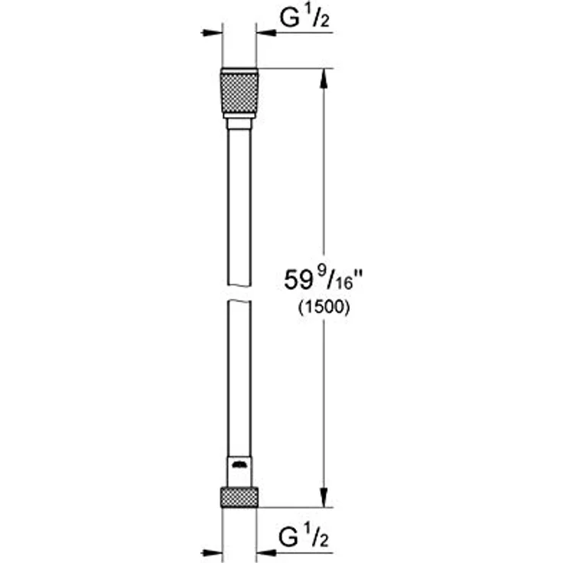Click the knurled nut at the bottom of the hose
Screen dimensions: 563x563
(x=239, y=496)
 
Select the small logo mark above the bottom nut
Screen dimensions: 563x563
(x=239, y=464)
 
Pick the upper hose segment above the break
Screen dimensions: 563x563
(x=239, y=207)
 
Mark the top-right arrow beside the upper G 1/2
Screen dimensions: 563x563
(x=267, y=33)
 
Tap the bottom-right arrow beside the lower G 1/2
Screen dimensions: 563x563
(x=267, y=552)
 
